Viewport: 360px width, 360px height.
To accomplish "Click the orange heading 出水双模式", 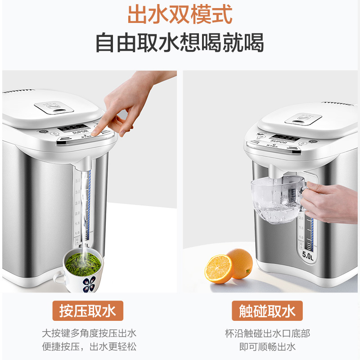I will pos(180,14).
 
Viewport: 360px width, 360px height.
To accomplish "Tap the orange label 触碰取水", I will pos(267,310).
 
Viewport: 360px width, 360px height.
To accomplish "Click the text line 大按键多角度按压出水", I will pos(89,333).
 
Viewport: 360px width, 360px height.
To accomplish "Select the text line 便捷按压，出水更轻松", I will pos(89,346).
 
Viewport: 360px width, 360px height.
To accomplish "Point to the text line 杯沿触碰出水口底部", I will pos(267,333).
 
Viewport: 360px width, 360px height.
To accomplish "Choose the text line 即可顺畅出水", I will pos(267,346).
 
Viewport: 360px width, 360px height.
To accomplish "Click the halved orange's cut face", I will pos(219,269).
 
